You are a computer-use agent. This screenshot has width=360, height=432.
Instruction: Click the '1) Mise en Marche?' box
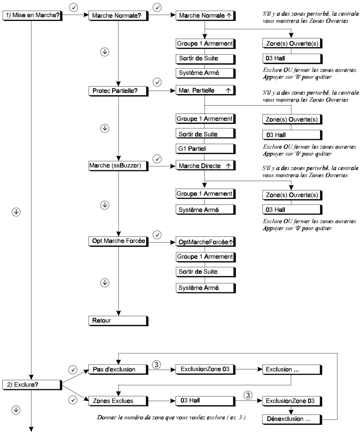[32, 15]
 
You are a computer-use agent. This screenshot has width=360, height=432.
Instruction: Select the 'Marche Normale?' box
[118, 16]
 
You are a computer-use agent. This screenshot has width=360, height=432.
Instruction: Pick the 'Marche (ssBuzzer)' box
[118, 166]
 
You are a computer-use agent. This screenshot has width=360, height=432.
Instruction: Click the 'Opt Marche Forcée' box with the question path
[118, 241]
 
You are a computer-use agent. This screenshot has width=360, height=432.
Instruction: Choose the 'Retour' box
[118, 321]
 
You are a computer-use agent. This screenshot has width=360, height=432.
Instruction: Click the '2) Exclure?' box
[32, 385]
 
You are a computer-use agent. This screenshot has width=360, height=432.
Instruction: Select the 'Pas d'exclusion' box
[118, 370]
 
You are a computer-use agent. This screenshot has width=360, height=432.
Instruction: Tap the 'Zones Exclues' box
[118, 401]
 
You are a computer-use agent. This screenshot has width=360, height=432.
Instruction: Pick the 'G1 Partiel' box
[205, 149]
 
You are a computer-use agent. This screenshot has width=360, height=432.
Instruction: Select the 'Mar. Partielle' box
[205, 91]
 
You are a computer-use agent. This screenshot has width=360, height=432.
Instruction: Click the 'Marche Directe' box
[205, 166]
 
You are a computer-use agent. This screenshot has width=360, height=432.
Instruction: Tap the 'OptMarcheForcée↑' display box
[205, 242]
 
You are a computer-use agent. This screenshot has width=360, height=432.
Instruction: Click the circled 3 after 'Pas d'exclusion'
[156, 365]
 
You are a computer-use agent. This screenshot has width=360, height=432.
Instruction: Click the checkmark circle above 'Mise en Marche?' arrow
[74, 8]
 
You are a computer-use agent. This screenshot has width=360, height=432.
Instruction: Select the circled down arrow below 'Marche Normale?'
[105, 52]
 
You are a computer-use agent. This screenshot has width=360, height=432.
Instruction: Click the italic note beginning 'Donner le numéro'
[171, 417]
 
